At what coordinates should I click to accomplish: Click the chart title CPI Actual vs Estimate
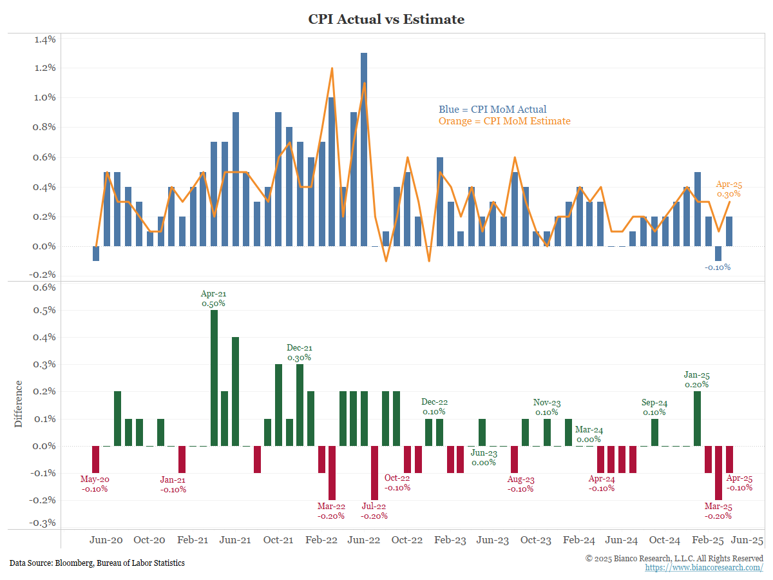click(x=386, y=19)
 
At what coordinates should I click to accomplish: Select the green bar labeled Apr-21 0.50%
click(x=214, y=378)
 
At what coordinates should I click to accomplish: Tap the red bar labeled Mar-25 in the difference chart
click(x=718, y=472)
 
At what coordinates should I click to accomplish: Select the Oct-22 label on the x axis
click(x=407, y=541)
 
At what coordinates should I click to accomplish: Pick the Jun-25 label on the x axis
click(x=747, y=541)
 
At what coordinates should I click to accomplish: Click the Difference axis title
click(x=19, y=404)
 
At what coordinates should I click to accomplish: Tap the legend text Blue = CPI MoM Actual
click(x=492, y=110)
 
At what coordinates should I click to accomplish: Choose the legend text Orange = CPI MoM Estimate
click(x=504, y=121)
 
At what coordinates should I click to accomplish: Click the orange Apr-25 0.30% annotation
click(x=729, y=189)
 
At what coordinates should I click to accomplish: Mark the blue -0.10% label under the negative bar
click(x=718, y=267)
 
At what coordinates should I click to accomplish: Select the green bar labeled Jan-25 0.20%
click(x=697, y=418)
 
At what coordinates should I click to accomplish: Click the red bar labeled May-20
click(x=95, y=459)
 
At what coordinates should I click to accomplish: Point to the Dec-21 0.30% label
click(x=299, y=353)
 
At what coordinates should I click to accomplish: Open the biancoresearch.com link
click(x=704, y=568)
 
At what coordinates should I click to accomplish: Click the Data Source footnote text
click(x=97, y=563)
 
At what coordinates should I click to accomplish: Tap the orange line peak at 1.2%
click(x=332, y=68)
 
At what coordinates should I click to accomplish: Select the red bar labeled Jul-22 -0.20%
click(x=375, y=472)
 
